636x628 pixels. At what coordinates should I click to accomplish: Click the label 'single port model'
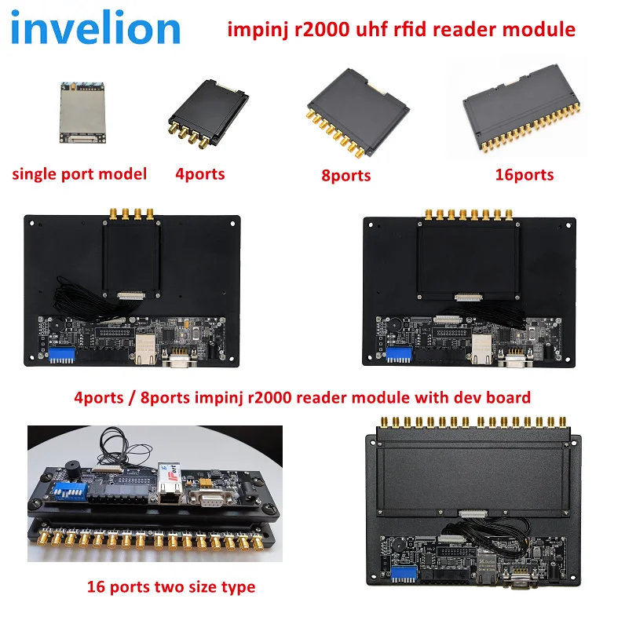(x=79, y=173)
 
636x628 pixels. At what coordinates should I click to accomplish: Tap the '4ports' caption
(x=200, y=173)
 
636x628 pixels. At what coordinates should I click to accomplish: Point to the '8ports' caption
(x=345, y=175)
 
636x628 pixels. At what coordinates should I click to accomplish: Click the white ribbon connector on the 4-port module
(x=130, y=296)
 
